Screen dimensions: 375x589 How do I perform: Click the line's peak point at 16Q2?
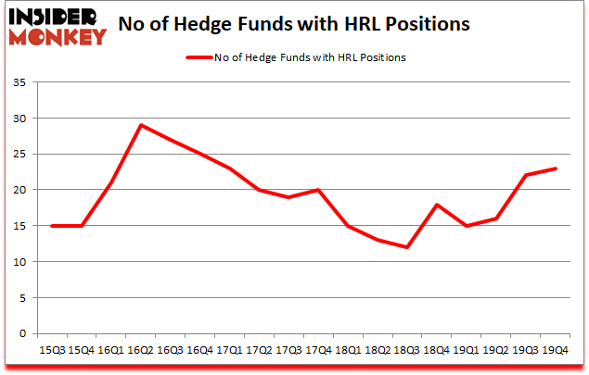140,125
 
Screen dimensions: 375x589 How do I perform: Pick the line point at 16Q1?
111,182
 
